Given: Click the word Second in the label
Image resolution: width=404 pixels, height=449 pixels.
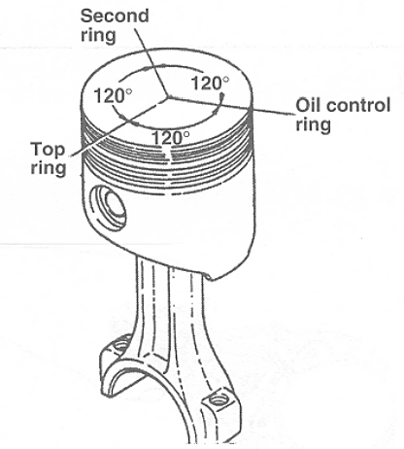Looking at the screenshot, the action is tap(115, 16).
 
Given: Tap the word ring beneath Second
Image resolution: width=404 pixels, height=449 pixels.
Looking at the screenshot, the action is tap(98, 36).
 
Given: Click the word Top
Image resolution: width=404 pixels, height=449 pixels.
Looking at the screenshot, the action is tap(48, 150).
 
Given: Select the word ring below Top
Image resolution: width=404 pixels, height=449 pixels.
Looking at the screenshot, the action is tap(49, 168).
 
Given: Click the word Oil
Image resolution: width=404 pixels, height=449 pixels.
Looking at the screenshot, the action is tap(307, 105).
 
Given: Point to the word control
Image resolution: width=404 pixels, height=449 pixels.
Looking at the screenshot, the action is tap(356, 105).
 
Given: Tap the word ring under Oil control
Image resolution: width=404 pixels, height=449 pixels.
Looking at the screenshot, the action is tap(314, 124).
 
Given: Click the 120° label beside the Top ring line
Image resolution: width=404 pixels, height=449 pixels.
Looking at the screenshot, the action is tap(113, 95).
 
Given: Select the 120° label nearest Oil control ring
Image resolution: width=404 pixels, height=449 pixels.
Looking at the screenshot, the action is tap(210, 83).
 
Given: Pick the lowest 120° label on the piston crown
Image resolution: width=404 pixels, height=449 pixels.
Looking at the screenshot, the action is tap(171, 138).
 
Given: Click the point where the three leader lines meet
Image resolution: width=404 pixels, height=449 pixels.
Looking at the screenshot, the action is tap(168, 96).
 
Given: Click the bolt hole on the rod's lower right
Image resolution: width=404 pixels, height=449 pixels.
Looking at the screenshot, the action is tap(218, 400).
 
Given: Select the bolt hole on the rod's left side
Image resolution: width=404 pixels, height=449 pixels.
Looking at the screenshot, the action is tap(122, 344).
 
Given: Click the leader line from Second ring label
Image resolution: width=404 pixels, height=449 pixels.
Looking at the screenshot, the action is tap(151, 62).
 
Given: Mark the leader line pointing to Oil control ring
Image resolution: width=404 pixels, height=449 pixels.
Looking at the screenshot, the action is tap(232, 105).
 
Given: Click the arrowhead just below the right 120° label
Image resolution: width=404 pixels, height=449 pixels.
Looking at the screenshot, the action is tap(222, 97).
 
